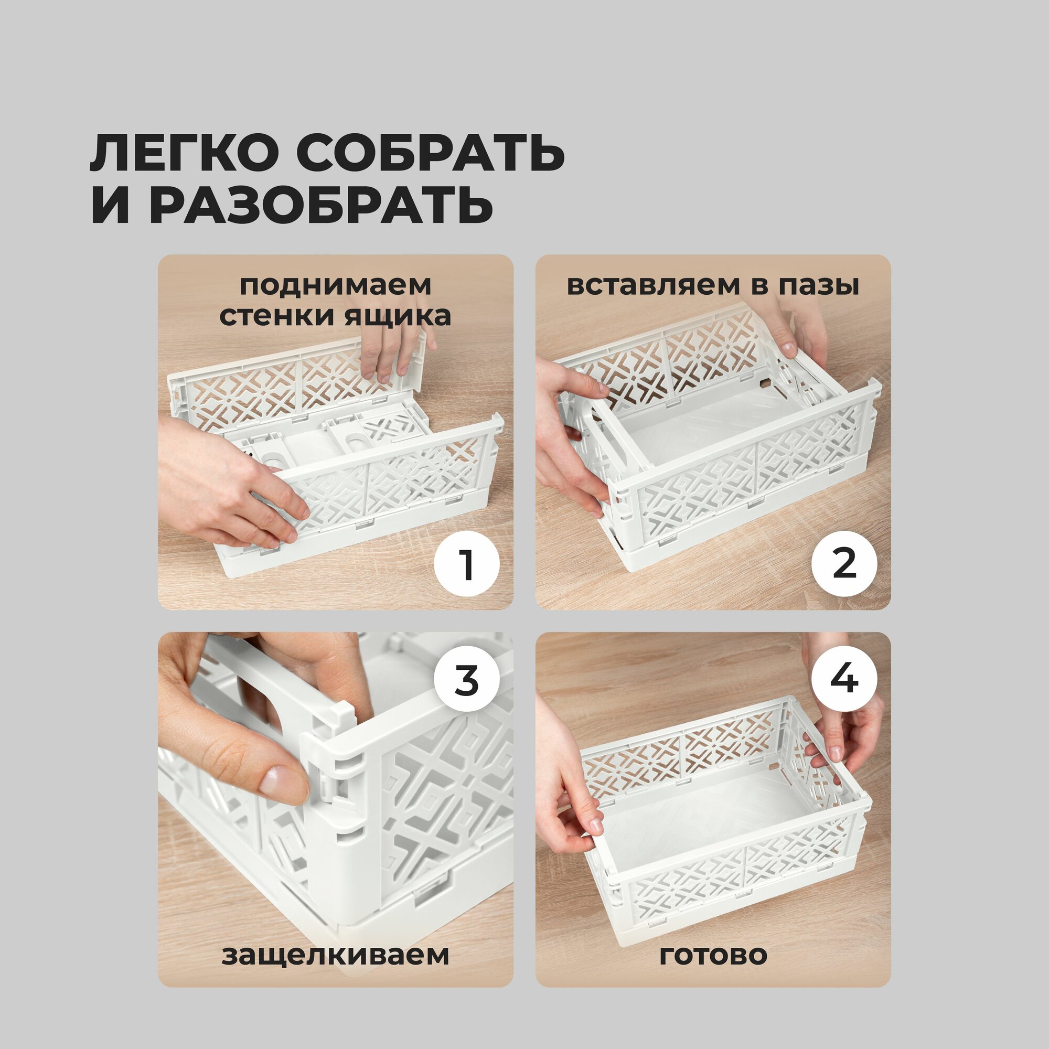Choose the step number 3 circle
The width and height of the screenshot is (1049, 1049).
point(467,680)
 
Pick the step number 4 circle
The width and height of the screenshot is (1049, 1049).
point(844,680)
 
